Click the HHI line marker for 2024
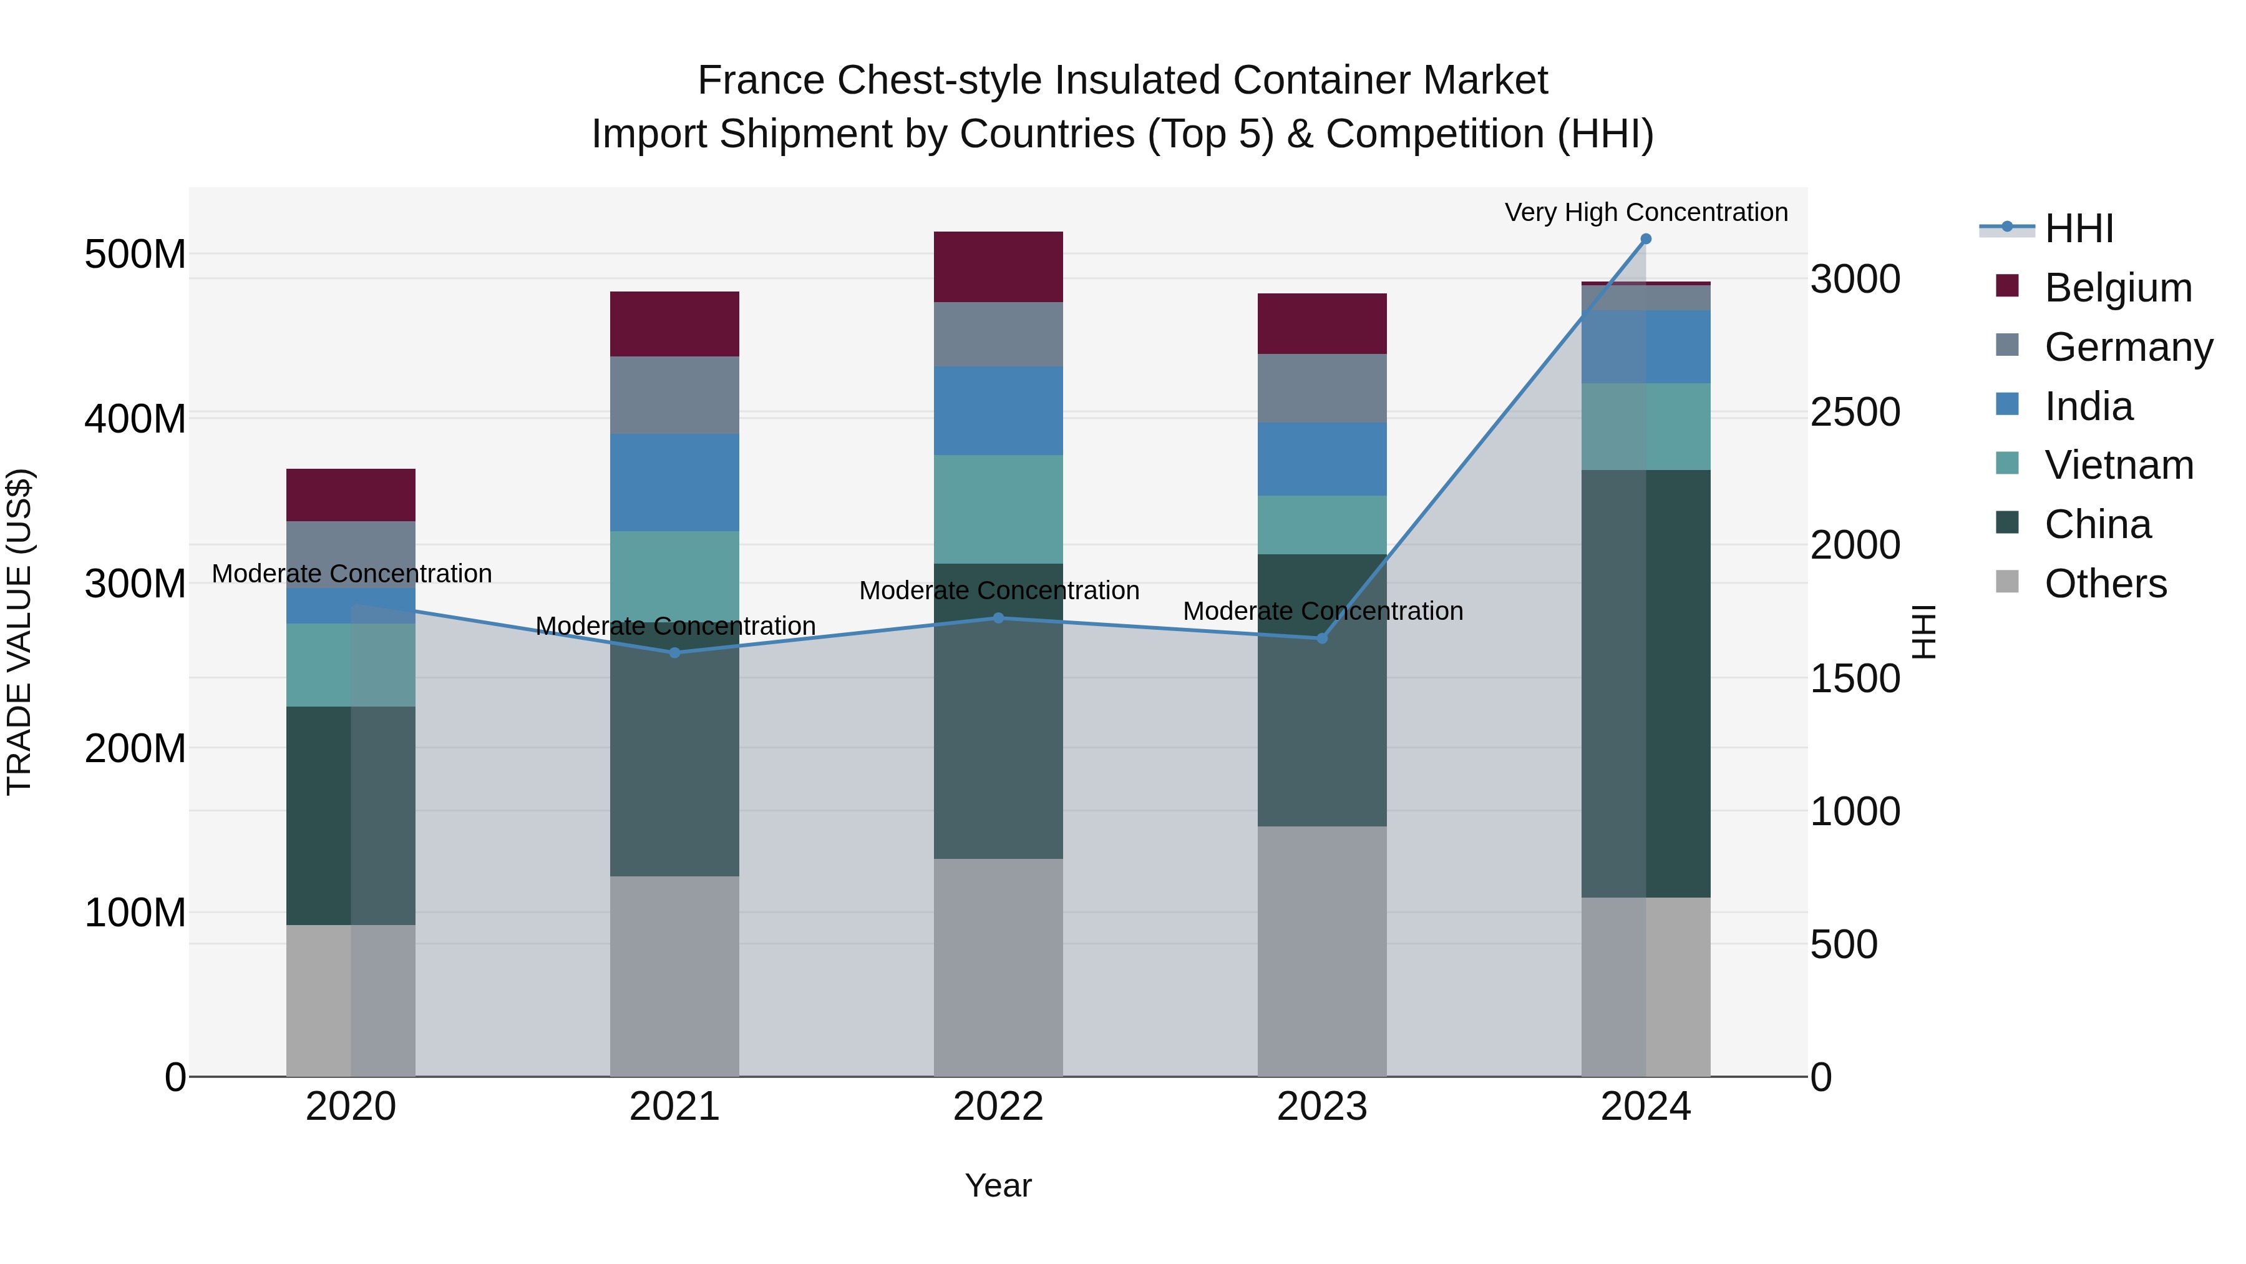[x=1645, y=239]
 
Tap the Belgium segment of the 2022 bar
[x=998, y=267]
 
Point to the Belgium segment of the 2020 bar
[x=351, y=494]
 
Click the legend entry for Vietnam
[x=2119, y=465]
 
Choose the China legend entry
[x=2097, y=524]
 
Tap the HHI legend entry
[x=2079, y=228]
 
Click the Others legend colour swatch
[x=2007, y=582]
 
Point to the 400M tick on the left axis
[x=135, y=419]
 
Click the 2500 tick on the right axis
[x=1855, y=412]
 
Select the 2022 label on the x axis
[x=998, y=1107]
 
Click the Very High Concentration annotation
[x=1645, y=212]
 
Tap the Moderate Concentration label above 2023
[x=1322, y=610]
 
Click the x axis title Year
[x=998, y=1185]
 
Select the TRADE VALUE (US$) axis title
[x=19, y=632]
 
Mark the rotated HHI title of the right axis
[x=1923, y=632]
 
